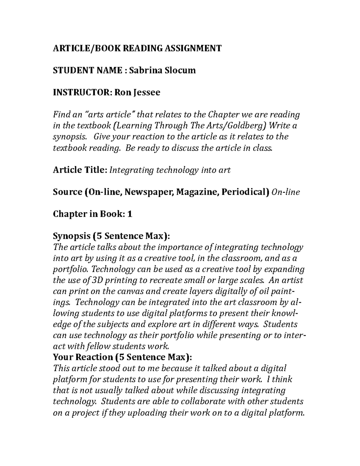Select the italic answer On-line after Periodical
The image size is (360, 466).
point(285,192)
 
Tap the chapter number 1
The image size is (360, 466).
point(130,214)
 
